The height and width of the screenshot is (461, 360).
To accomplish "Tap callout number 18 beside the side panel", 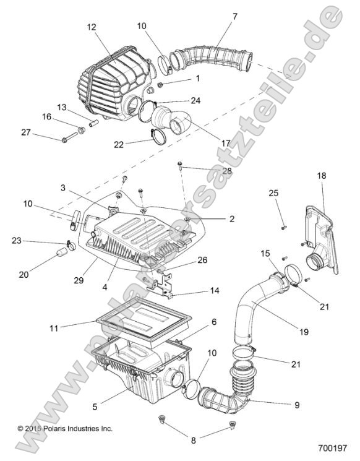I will [321, 176].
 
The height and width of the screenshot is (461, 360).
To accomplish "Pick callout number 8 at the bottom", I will [194, 441].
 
